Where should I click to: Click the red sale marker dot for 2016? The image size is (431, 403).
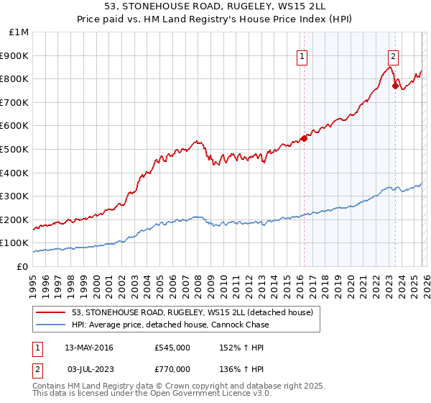[x=304, y=138]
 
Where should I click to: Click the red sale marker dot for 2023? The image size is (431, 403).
[x=395, y=86]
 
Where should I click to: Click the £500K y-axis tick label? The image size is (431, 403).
[x=16, y=149]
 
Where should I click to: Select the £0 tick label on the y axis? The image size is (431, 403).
[x=22, y=266]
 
